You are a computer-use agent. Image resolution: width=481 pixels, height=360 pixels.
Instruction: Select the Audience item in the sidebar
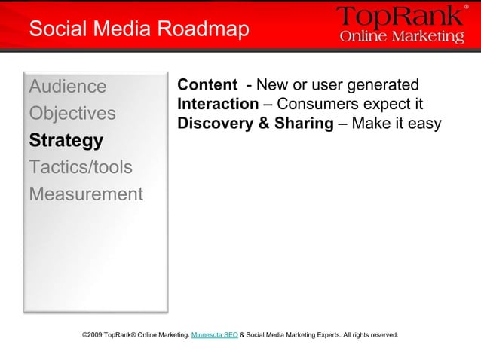pyautogui.click(x=68, y=86)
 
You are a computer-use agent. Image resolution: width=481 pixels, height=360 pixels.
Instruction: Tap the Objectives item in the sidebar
pyautogui.click(x=72, y=113)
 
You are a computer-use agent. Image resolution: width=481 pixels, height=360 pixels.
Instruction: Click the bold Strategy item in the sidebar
pyautogui.click(x=66, y=141)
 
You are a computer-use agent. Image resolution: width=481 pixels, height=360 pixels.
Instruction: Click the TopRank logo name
pyautogui.click(x=397, y=17)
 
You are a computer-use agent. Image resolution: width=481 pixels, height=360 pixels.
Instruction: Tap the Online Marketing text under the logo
pyautogui.click(x=402, y=37)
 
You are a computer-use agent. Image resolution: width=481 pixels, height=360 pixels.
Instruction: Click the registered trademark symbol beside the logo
pyautogui.click(x=465, y=7)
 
